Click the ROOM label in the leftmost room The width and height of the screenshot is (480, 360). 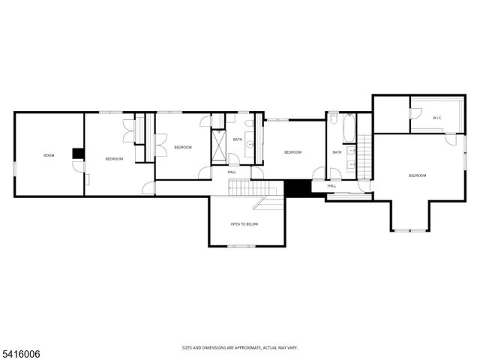click(x=49, y=155)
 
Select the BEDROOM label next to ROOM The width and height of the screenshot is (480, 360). click(x=114, y=158)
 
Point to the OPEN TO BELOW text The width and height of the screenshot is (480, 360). click(x=244, y=224)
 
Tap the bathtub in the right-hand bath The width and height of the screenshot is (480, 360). click(x=349, y=129)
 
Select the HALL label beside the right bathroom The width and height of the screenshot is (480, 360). click(x=331, y=186)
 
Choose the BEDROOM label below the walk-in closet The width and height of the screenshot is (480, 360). click(x=417, y=175)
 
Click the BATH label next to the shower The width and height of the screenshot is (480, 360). click(x=238, y=139)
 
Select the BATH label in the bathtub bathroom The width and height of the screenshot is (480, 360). click(x=337, y=152)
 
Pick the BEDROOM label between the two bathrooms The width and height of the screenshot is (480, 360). click(x=292, y=152)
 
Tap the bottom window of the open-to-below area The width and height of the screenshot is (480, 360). click(x=241, y=246)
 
